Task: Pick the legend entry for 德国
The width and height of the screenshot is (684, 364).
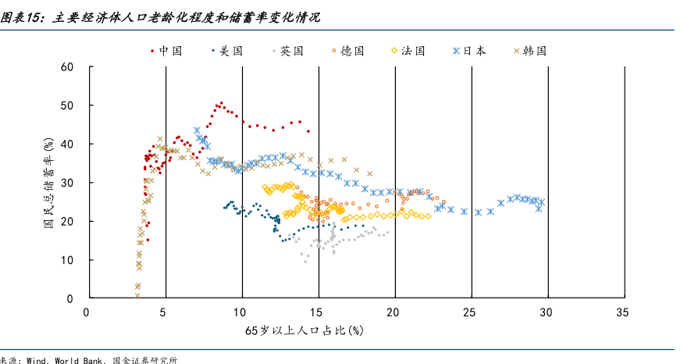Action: (352, 51)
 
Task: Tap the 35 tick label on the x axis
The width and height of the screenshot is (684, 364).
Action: (622, 312)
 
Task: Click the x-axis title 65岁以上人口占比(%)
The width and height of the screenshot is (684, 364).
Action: (304, 331)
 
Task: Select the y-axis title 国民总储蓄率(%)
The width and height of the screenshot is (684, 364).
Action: (48, 182)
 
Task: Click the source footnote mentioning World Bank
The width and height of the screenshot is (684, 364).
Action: (89, 359)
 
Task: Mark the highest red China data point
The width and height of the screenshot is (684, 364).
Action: (221, 102)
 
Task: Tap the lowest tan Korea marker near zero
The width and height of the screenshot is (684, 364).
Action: (137, 296)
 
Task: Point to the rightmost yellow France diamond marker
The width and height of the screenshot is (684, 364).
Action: (428, 216)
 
